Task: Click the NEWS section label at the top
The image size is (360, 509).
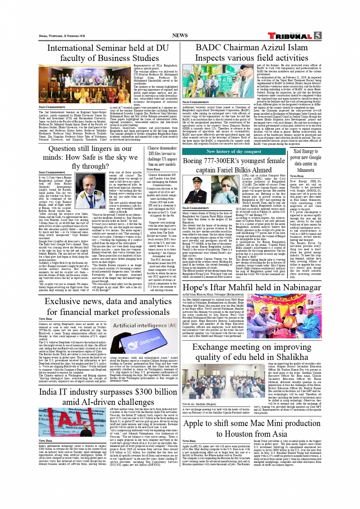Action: tap(180, 35)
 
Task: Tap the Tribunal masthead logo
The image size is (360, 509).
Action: tap(290, 36)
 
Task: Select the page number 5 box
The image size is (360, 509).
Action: tap(317, 36)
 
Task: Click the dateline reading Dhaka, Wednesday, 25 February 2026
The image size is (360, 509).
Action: tap(62, 36)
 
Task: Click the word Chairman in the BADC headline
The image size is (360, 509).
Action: tap(241, 48)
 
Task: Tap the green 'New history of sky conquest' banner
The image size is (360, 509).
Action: tap(234, 151)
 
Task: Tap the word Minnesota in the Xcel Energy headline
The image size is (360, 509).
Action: tap(305, 170)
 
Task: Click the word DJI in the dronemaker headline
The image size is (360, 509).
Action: tap(151, 154)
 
